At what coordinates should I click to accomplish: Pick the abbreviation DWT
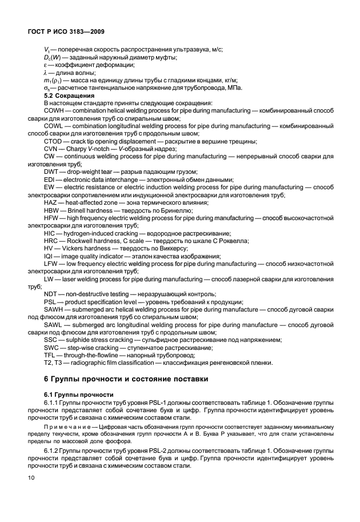52,172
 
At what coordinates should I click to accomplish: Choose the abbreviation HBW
53,210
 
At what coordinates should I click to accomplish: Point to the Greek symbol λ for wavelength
46,72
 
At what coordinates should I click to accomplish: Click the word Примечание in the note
65,427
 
